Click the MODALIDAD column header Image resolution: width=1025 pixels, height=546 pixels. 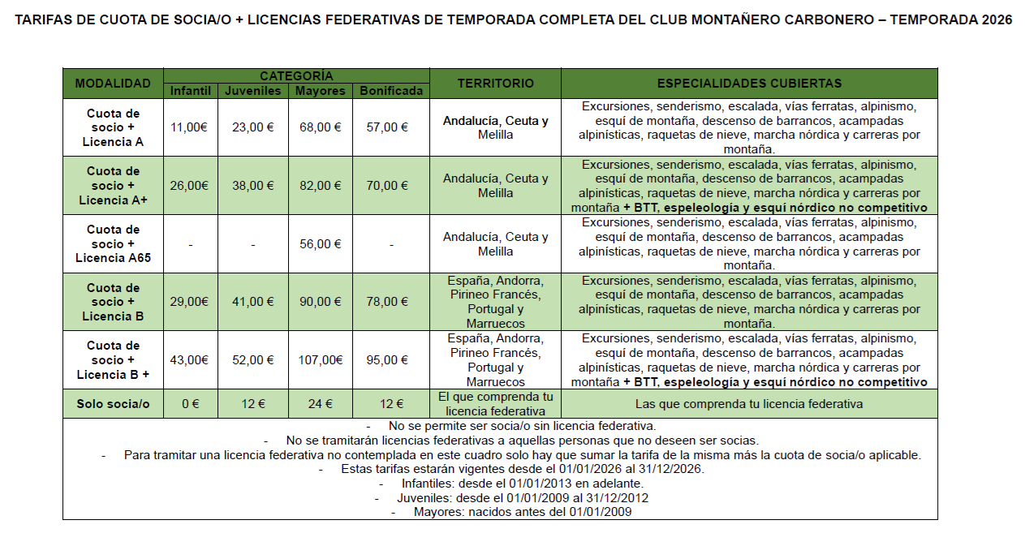coord(113,84)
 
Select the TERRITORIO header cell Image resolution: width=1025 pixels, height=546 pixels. coord(495,84)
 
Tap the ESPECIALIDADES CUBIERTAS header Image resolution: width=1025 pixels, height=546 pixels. coord(749,84)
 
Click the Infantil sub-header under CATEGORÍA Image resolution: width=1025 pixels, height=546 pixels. coord(190,91)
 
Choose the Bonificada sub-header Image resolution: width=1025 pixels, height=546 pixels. coord(391,91)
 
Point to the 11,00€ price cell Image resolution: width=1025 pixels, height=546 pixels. coord(190,127)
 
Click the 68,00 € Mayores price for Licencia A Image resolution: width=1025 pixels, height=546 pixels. coord(320,127)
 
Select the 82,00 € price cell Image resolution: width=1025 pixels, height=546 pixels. coord(320,186)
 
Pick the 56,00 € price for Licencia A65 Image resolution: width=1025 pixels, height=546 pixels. coord(320,243)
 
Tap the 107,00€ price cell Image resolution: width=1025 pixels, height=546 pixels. coord(320,360)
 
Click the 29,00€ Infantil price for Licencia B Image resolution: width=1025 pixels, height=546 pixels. coord(190,302)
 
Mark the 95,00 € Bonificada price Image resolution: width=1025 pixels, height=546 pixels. coord(391,360)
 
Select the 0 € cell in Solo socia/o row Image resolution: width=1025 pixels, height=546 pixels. coord(190,404)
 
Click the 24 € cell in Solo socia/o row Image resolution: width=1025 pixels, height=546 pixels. coord(320,404)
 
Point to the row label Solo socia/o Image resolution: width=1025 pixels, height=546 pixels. coord(113,404)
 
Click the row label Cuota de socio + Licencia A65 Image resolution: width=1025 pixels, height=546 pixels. coord(113,243)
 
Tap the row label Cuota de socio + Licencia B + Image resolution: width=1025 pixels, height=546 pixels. coord(113,360)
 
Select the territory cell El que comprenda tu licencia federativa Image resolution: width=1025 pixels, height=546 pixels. coord(495,404)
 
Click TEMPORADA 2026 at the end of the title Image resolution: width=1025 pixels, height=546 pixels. coord(950,20)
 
